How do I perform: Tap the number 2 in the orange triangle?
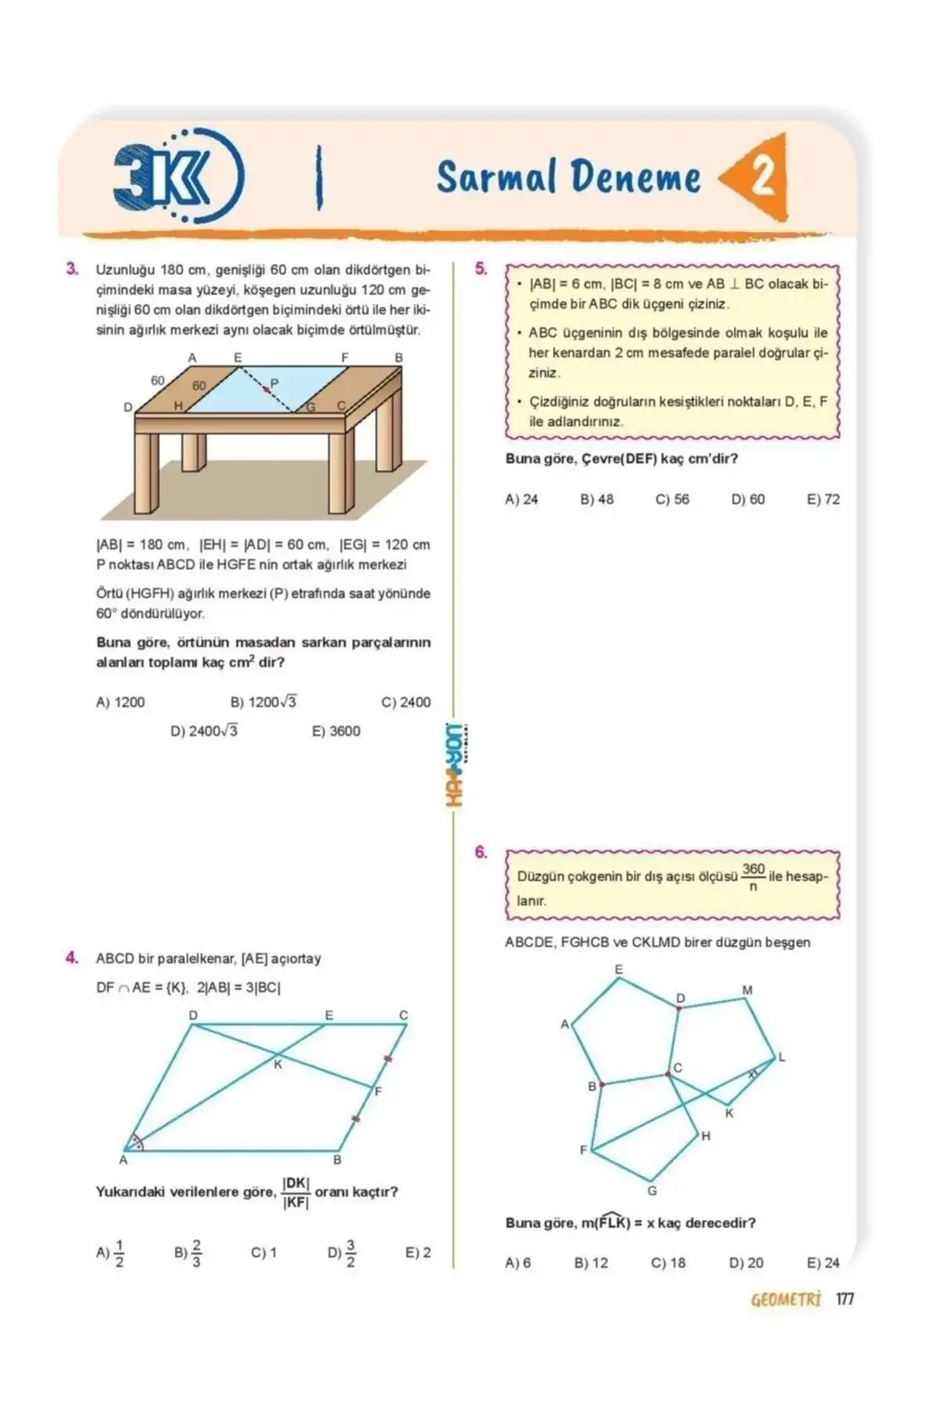point(761,177)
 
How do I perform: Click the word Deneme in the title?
point(634,177)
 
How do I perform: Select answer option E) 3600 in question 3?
point(336,731)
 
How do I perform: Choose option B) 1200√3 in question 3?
point(263,702)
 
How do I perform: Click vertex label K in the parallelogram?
point(278,1065)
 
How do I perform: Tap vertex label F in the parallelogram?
point(378,1091)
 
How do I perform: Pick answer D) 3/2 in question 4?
point(342,1253)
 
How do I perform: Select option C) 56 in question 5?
point(672,499)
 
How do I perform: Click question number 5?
point(481,269)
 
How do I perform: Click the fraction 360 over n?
point(753,877)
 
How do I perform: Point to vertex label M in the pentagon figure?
point(747,991)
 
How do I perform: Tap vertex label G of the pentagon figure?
point(652,1191)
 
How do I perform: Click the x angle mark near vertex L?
point(753,1074)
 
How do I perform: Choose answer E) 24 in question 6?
point(823,1263)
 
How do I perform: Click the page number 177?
point(845,1299)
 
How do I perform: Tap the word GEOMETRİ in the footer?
point(785,1300)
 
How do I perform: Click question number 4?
point(72,957)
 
